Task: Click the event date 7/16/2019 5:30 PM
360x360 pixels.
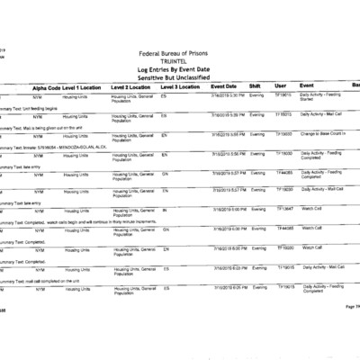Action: [231, 94]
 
